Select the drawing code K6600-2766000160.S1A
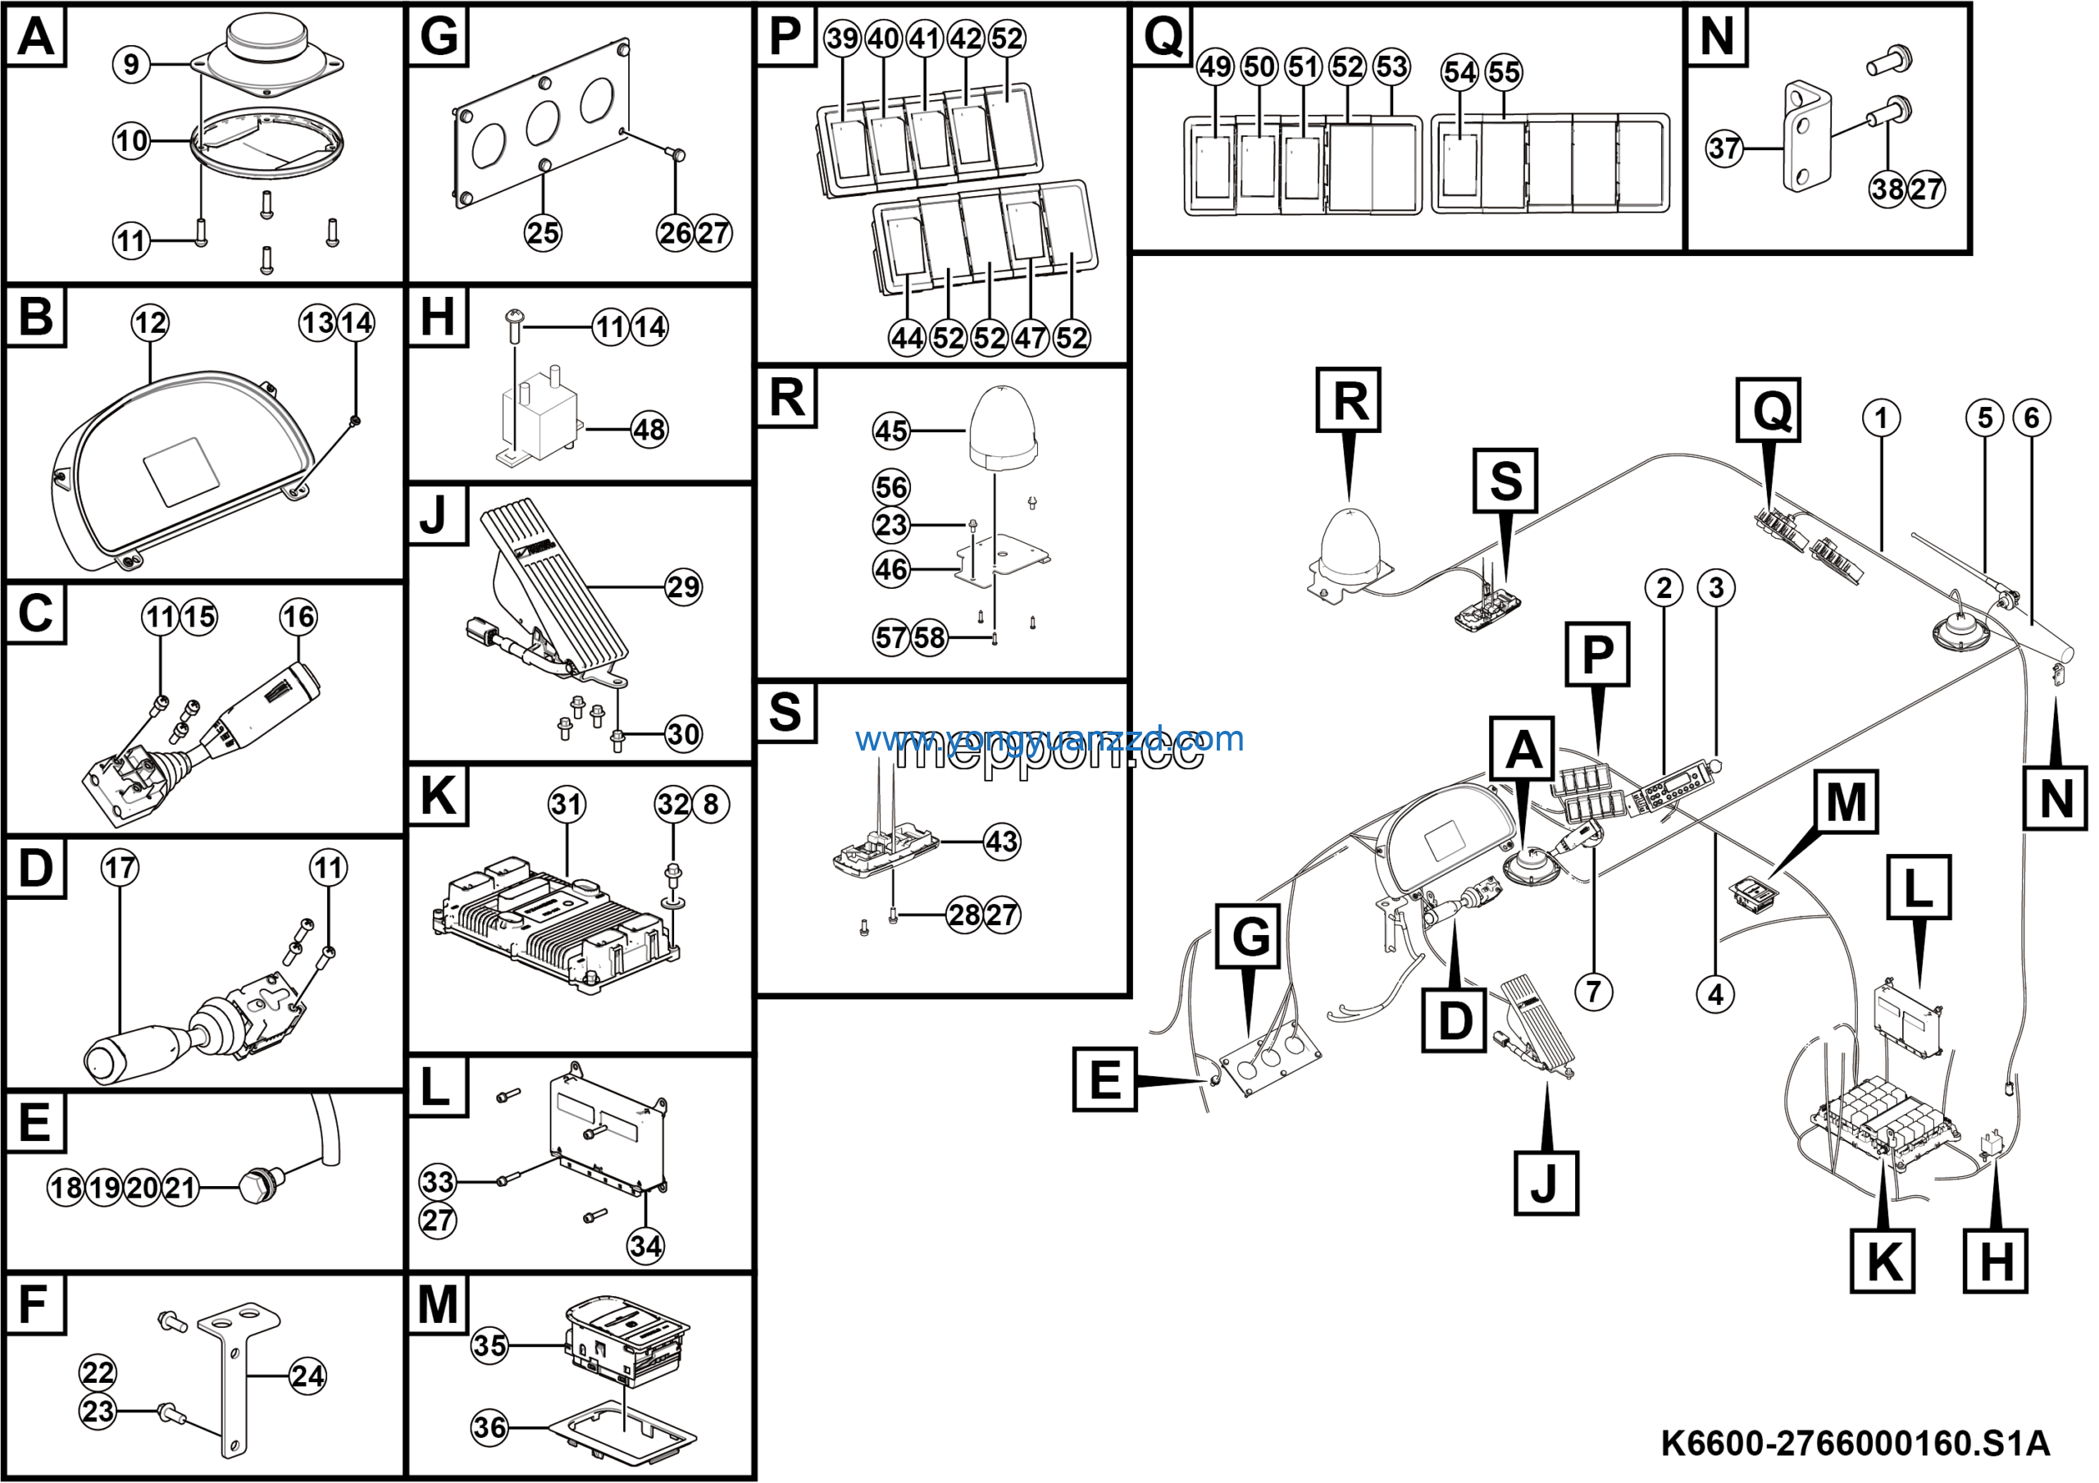click(x=1855, y=1444)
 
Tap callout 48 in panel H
click(x=649, y=429)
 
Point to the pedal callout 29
click(x=683, y=586)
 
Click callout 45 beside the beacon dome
click(x=891, y=431)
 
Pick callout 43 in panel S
click(x=1002, y=841)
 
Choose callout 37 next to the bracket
click(x=1725, y=148)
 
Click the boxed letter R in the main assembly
click(x=1349, y=400)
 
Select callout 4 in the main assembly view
click(x=1716, y=994)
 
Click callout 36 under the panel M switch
click(x=489, y=1427)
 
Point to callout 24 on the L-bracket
click(x=307, y=1376)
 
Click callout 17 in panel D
click(x=120, y=868)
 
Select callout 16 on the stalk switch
click(x=298, y=616)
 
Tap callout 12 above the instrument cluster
click(x=150, y=322)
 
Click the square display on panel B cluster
click(x=183, y=471)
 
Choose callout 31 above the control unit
click(x=567, y=805)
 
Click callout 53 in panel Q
click(x=1391, y=66)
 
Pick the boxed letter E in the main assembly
click(x=1104, y=1079)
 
